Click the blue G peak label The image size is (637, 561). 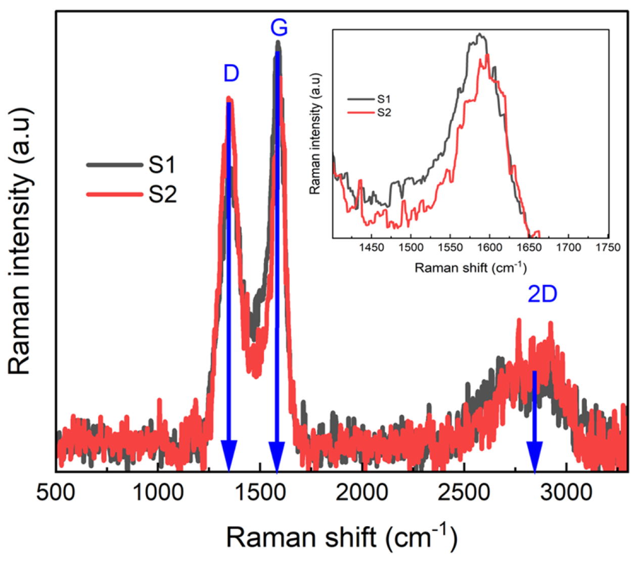click(x=279, y=28)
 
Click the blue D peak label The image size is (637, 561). click(x=231, y=74)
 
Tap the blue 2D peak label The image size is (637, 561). click(x=542, y=294)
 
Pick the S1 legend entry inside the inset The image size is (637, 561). click(x=384, y=99)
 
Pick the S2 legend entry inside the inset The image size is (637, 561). click(x=384, y=112)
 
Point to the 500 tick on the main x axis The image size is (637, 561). click(x=56, y=492)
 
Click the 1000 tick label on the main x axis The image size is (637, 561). click(x=158, y=492)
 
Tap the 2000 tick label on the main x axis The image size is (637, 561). click(x=362, y=492)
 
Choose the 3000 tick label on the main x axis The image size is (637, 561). click(x=566, y=492)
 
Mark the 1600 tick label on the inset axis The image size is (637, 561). click(x=489, y=248)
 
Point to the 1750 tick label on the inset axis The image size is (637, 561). click(x=608, y=248)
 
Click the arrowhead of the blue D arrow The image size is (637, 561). click(x=229, y=455)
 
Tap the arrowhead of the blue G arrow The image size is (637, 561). click(x=277, y=455)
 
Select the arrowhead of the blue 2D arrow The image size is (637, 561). click(x=534, y=455)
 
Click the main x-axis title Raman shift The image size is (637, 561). click(x=341, y=537)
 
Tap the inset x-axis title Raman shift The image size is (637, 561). click(x=470, y=267)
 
